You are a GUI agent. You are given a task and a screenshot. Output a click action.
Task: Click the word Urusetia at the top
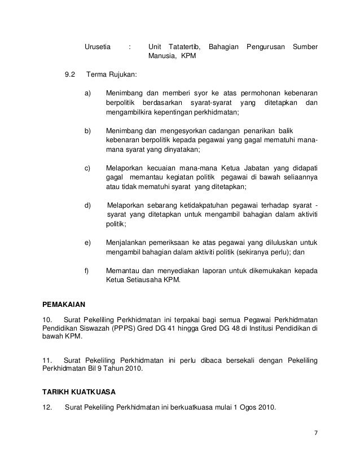[98, 46]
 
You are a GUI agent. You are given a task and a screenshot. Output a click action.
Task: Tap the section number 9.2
[71, 74]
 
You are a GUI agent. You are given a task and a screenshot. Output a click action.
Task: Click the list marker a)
[88, 92]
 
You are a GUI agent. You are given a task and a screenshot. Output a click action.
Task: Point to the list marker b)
[88, 130]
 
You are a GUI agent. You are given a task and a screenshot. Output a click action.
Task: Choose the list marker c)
[88, 168]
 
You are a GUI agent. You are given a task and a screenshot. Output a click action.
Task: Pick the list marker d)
[88, 205]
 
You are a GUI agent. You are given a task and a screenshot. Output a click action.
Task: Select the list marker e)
[88, 242]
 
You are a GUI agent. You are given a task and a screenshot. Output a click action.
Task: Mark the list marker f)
[87, 270]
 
